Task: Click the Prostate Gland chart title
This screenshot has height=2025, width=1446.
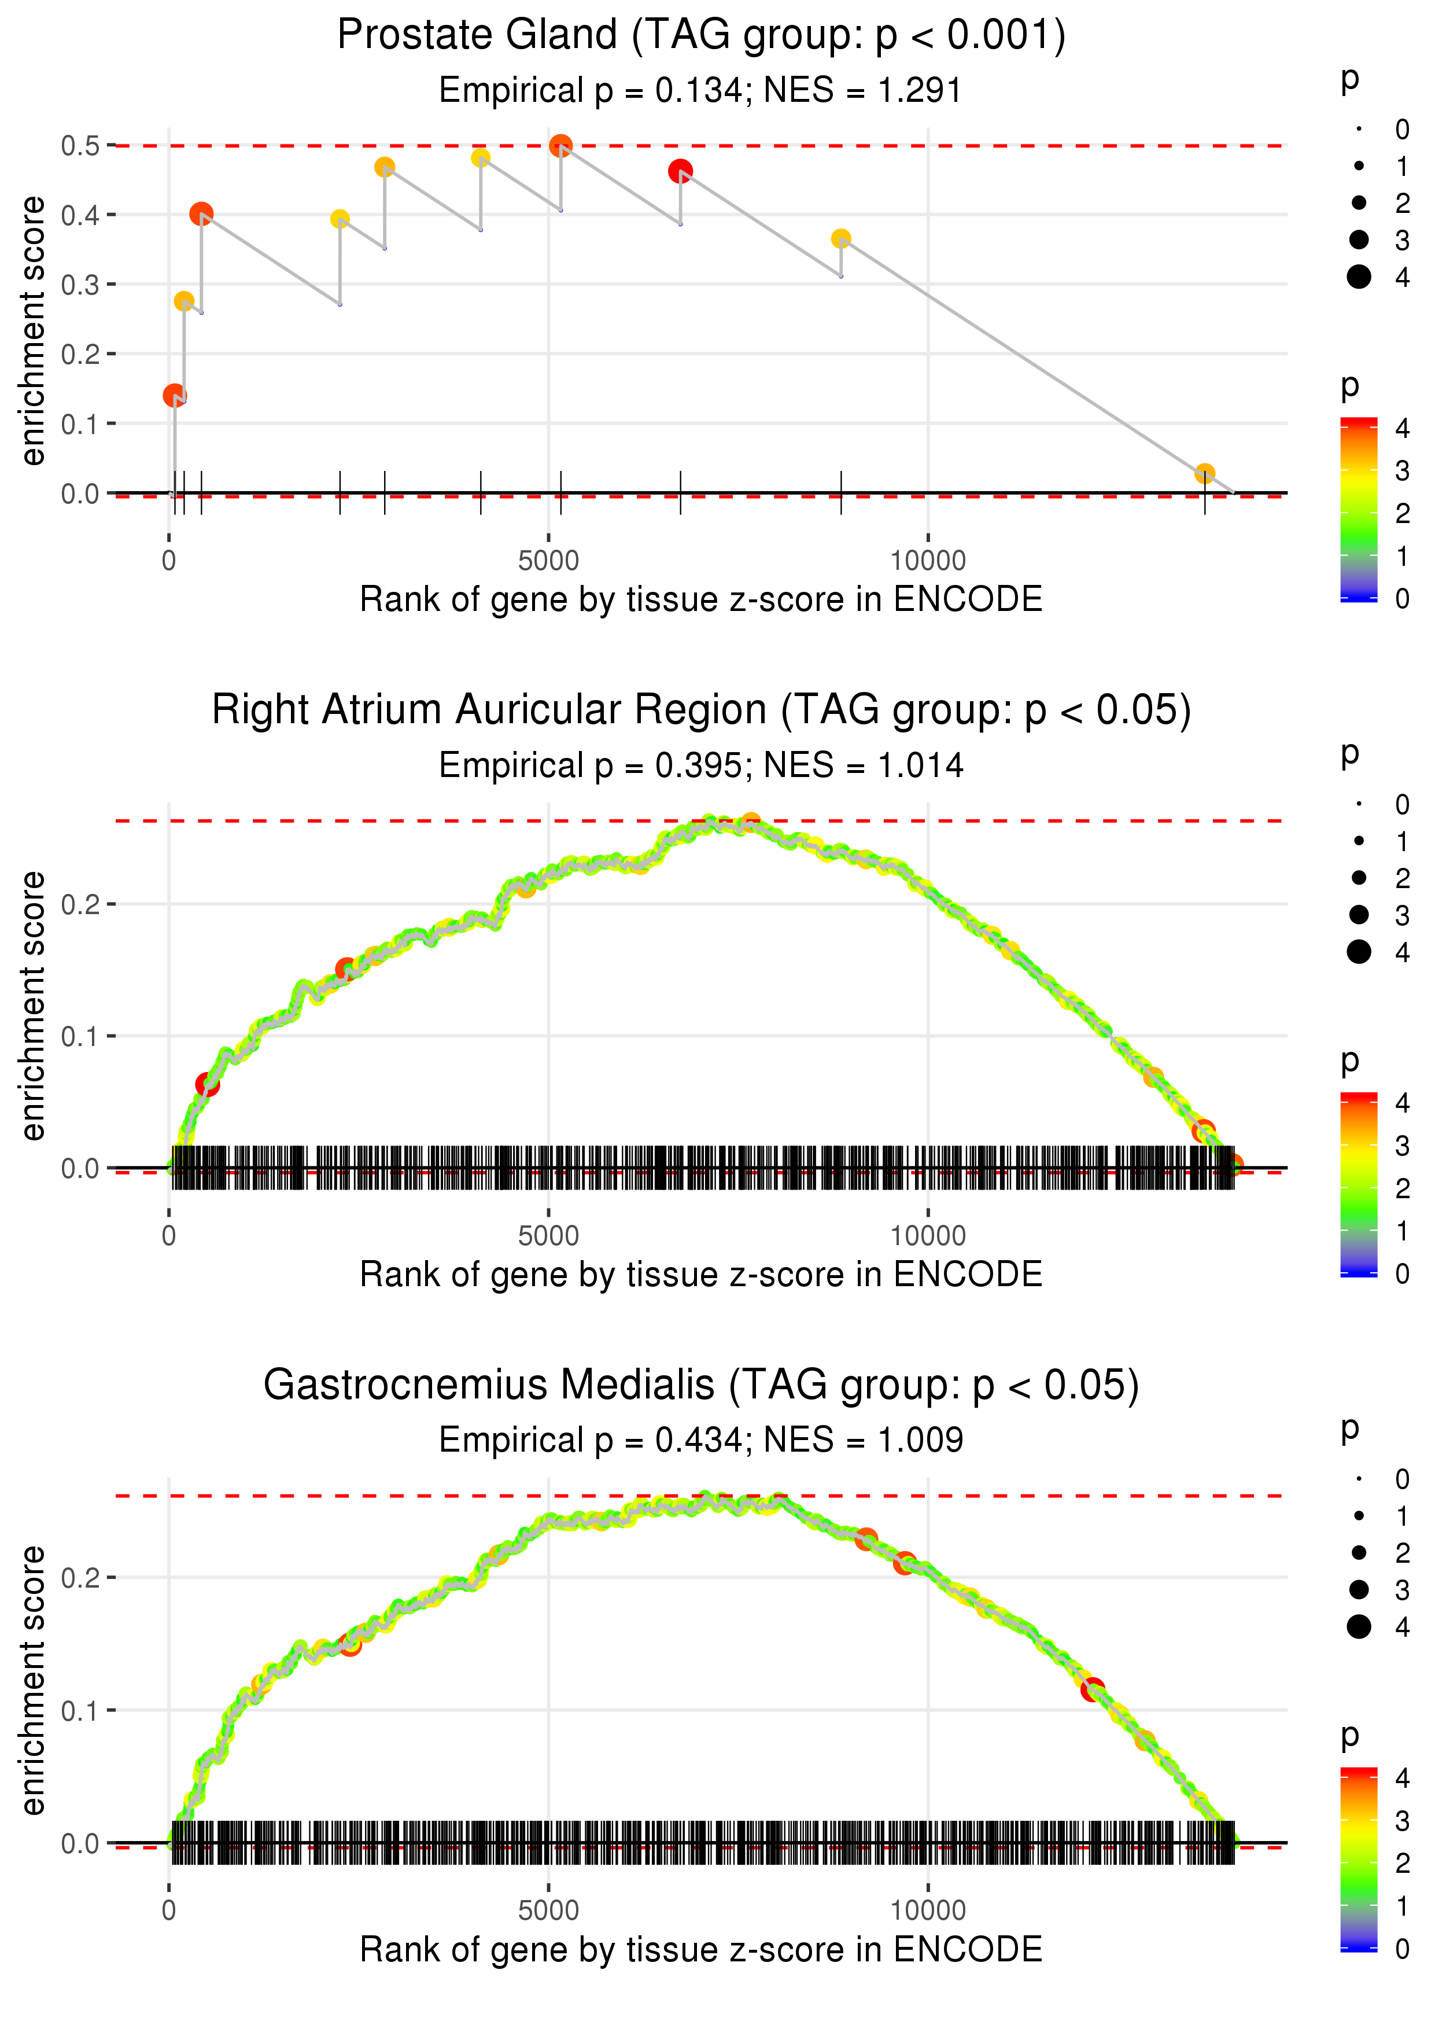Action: pyautogui.click(x=701, y=36)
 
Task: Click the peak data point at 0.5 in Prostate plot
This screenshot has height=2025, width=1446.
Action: pyautogui.click(x=560, y=145)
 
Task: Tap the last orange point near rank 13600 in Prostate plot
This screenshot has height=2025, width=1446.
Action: pyautogui.click(x=1204, y=474)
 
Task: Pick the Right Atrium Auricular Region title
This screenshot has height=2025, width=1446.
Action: pyautogui.click(x=701, y=710)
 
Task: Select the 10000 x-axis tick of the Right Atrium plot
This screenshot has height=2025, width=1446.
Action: pyautogui.click(x=928, y=1235)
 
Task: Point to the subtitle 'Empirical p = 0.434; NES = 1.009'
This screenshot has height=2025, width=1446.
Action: pyautogui.click(x=701, y=1440)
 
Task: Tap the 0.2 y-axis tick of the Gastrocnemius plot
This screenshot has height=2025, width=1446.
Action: pyautogui.click(x=80, y=1578)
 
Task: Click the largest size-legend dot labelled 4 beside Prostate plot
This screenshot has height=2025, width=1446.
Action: pyautogui.click(x=1359, y=277)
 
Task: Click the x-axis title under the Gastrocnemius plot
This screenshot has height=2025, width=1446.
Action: pyautogui.click(x=701, y=1949)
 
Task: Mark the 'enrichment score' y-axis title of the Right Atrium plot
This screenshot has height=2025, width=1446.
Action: pyautogui.click(x=33, y=1006)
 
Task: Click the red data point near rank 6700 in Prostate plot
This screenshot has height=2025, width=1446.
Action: pyautogui.click(x=680, y=170)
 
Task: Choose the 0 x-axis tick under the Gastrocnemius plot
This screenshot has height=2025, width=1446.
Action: pyautogui.click(x=169, y=1910)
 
